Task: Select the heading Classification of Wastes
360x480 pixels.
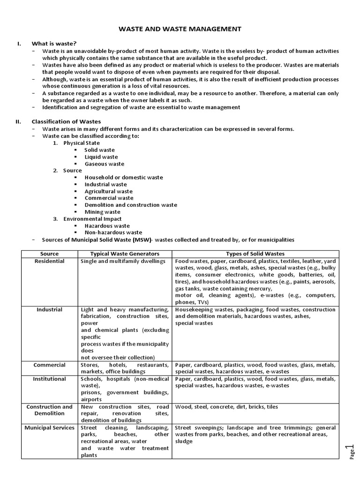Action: (66, 121)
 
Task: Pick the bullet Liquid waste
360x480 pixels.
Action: (101, 157)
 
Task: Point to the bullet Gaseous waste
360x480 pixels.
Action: (104, 164)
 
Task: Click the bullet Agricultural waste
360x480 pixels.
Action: (108, 191)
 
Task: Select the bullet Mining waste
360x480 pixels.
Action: (102, 212)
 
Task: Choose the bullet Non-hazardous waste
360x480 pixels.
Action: (113, 232)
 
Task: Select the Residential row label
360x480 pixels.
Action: (50, 261)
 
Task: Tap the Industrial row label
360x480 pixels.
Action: (50, 309)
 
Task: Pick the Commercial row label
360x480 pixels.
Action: (50, 365)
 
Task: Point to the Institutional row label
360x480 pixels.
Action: (50, 379)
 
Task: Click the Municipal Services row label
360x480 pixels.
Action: (50, 427)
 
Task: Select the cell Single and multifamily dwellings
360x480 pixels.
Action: (123, 261)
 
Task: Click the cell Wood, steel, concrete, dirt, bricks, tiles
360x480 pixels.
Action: (226, 407)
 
